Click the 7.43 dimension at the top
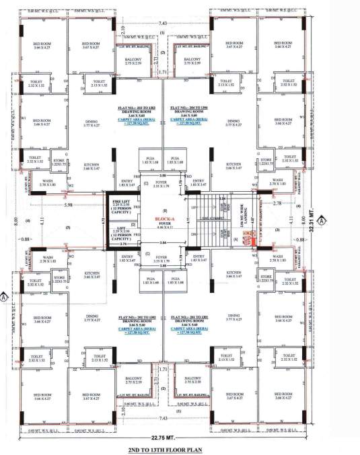pyautogui.click(x=164, y=23)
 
